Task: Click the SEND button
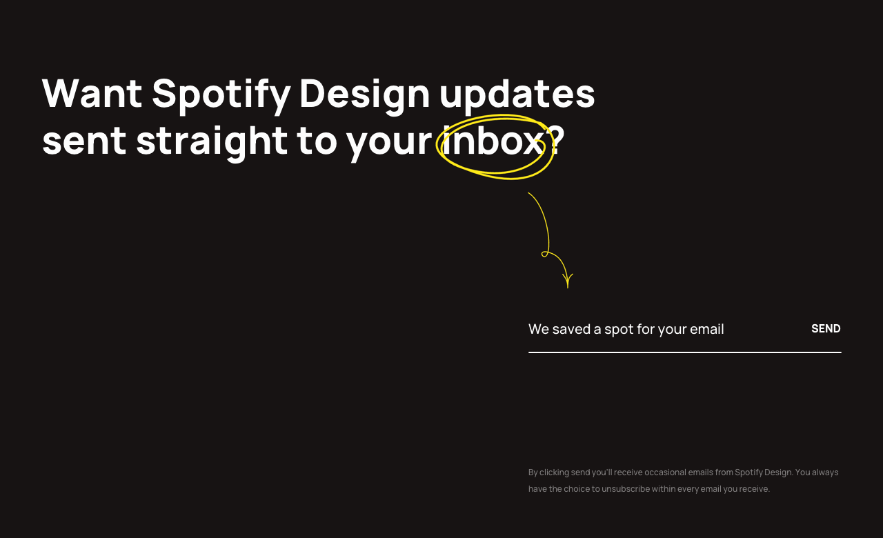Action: pyautogui.click(x=826, y=328)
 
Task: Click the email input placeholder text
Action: pyautogui.click(x=626, y=329)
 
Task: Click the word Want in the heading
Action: pyautogui.click(x=92, y=93)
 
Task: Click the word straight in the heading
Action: pyautogui.click(x=211, y=141)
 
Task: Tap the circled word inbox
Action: pyautogui.click(x=493, y=141)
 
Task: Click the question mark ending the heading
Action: pyautogui.click(x=556, y=141)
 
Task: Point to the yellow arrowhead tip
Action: pyautogui.click(x=568, y=286)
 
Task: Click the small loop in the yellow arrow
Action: pyautogui.click(x=545, y=255)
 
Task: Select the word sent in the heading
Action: pyautogui.click(x=84, y=141)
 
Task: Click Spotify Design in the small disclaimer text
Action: pyautogui.click(x=763, y=472)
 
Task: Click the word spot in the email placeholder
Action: pyautogui.click(x=618, y=329)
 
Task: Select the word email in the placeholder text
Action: pyautogui.click(x=706, y=329)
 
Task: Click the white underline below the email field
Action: pyautogui.click(x=684, y=352)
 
